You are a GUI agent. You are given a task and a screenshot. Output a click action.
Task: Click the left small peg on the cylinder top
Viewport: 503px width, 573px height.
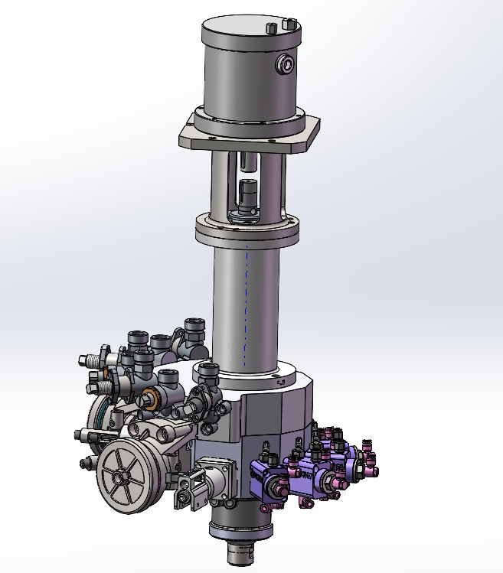269,28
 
